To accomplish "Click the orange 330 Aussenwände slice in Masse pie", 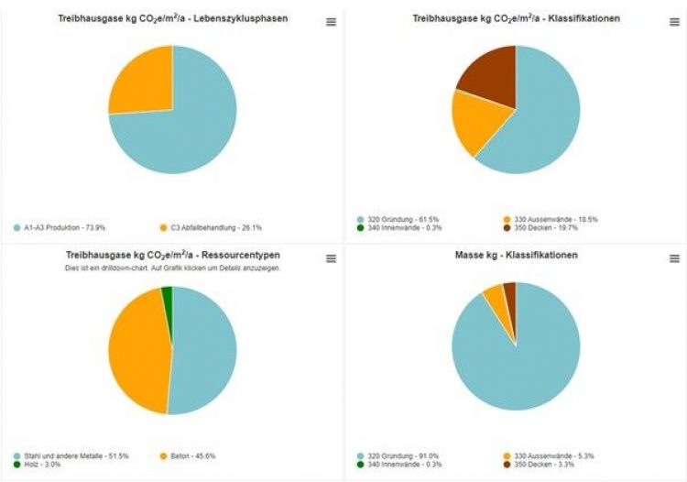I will [496, 294].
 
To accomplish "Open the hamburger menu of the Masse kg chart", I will [674, 259].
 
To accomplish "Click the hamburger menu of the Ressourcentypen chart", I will [331, 259].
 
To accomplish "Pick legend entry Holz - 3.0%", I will [41, 465].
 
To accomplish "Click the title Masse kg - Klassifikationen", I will [516, 254].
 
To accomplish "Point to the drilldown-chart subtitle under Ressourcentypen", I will [172, 268].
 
